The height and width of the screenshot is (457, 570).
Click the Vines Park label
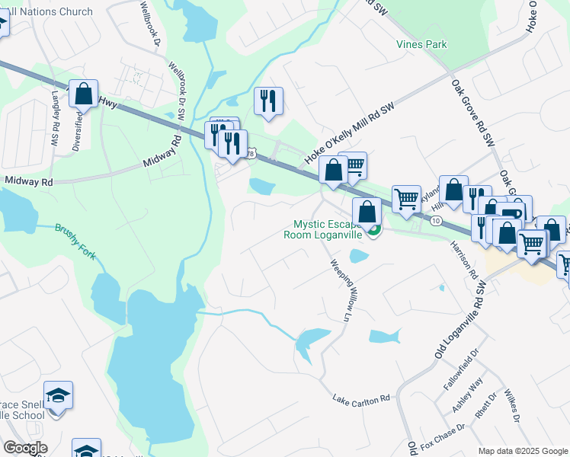tap(421, 44)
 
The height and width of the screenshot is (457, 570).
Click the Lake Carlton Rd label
tap(361, 398)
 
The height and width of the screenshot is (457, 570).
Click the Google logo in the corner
tap(25, 448)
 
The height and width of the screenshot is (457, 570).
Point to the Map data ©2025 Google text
tap(522, 451)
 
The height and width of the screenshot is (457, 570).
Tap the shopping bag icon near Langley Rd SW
tap(84, 94)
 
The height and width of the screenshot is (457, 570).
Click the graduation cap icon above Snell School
tap(58, 395)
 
